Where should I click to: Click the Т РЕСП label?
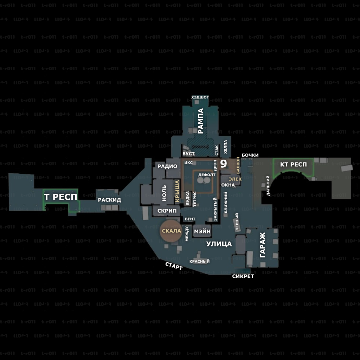(x=60, y=197)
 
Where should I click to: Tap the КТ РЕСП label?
(x=293, y=164)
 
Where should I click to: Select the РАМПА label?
(x=200, y=121)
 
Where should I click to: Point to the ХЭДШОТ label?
(x=200, y=97)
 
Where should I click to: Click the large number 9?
(x=223, y=164)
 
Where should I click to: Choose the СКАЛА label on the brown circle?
(x=171, y=231)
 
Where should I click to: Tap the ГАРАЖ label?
(x=262, y=246)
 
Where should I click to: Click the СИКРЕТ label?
(x=243, y=276)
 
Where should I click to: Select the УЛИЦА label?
(x=219, y=244)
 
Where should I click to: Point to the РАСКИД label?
(x=109, y=200)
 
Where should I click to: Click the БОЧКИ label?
(x=250, y=155)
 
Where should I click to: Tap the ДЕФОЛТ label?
(x=207, y=174)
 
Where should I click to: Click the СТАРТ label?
(x=174, y=266)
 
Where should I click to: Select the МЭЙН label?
(x=202, y=231)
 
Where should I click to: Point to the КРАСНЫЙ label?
(x=199, y=261)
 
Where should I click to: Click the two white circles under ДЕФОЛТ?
(x=204, y=181)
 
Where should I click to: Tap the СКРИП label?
(x=167, y=211)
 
